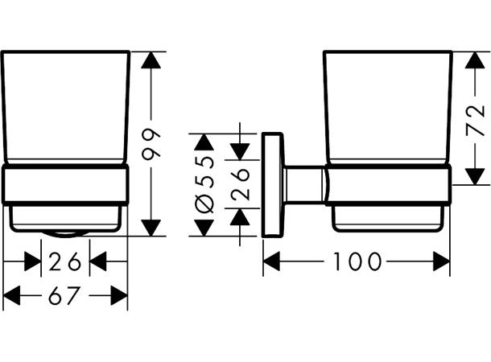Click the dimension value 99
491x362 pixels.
(151, 144)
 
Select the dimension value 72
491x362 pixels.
(476, 121)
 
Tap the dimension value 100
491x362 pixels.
(357, 261)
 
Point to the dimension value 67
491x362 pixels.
(64, 295)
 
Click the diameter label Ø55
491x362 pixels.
(204, 184)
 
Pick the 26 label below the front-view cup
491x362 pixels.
(65, 261)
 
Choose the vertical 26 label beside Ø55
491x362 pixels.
(240, 184)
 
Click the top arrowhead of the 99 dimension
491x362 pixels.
(151, 60)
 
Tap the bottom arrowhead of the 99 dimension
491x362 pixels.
(151, 228)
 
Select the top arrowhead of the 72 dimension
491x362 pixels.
(475, 60)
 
